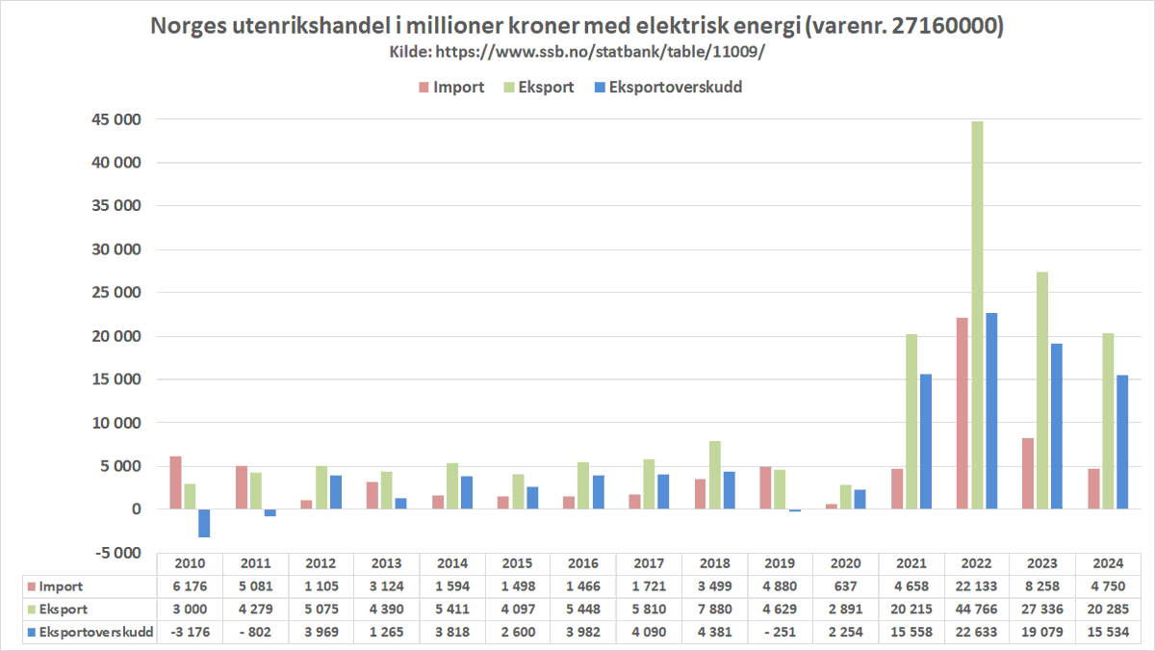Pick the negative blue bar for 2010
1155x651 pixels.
204,523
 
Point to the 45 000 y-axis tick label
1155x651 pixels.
115,119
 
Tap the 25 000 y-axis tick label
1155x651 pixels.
115,293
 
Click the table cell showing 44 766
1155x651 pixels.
978,609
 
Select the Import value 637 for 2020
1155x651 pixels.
846,586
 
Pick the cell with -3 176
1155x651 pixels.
190,632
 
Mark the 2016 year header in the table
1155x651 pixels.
583,564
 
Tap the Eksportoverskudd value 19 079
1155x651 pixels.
1043,632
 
